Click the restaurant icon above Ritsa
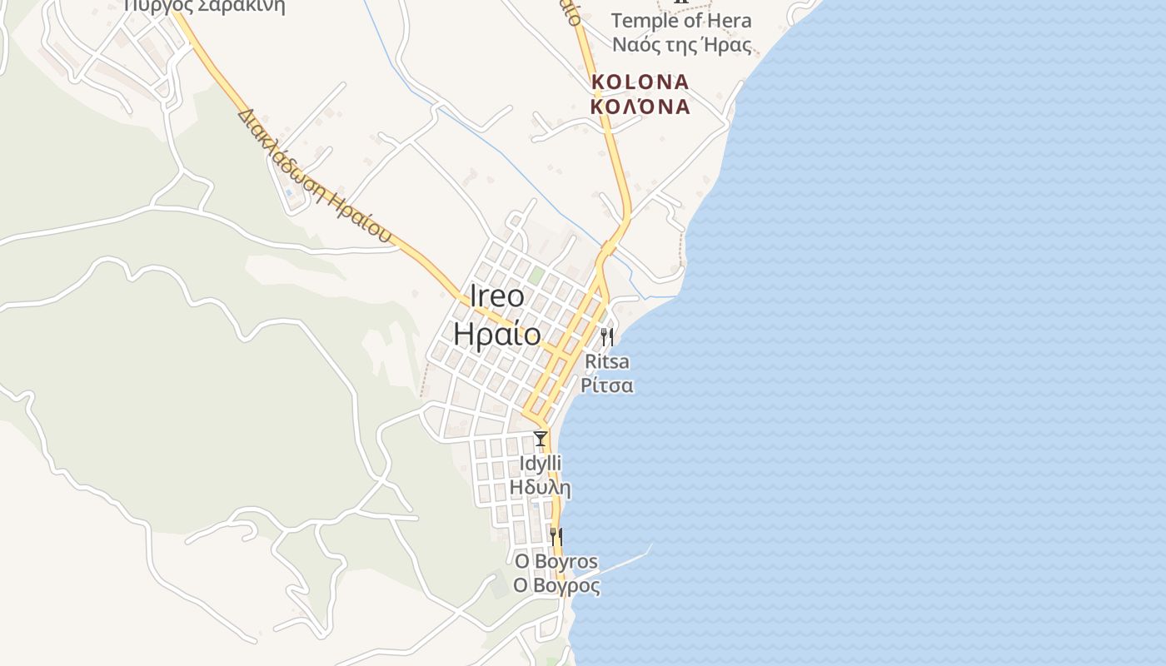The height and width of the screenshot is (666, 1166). (x=607, y=336)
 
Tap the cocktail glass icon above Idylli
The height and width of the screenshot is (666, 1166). (x=541, y=438)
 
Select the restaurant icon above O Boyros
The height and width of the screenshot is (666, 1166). (x=556, y=536)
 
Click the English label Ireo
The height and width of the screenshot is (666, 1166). (x=497, y=296)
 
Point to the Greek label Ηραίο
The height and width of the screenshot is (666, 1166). (x=497, y=332)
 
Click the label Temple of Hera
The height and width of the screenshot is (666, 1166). (x=680, y=21)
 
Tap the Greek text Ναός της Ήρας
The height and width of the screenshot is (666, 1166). (x=681, y=45)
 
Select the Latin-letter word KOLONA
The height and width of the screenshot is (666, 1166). (x=640, y=82)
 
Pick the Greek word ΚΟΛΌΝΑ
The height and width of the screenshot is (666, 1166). (x=640, y=107)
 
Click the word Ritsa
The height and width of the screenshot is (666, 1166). (x=607, y=362)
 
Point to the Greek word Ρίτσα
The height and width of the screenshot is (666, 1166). (x=607, y=385)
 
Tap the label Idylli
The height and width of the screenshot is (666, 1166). (x=541, y=463)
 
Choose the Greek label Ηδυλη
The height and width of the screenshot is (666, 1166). (x=541, y=487)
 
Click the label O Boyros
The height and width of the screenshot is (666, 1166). (x=556, y=561)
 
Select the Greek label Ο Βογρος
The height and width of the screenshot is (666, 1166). (x=556, y=585)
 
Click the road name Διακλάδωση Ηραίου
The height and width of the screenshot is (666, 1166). (x=314, y=176)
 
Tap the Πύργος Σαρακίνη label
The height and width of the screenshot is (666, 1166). (x=204, y=7)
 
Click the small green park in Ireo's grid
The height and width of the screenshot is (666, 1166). (x=536, y=274)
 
